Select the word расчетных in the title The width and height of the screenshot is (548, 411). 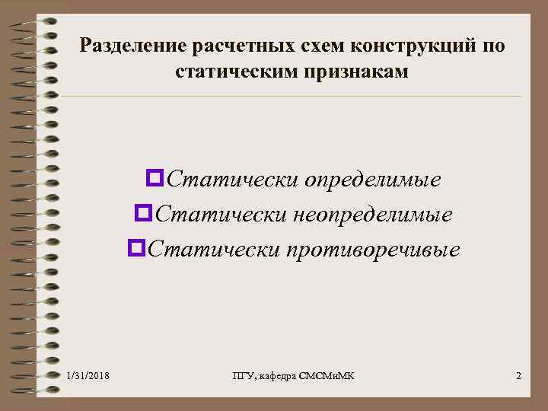(225, 46)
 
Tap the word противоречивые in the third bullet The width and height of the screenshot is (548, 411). (373, 249)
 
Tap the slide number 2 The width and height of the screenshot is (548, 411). (518, 376)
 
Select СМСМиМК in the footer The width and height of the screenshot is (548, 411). (332, 376)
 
